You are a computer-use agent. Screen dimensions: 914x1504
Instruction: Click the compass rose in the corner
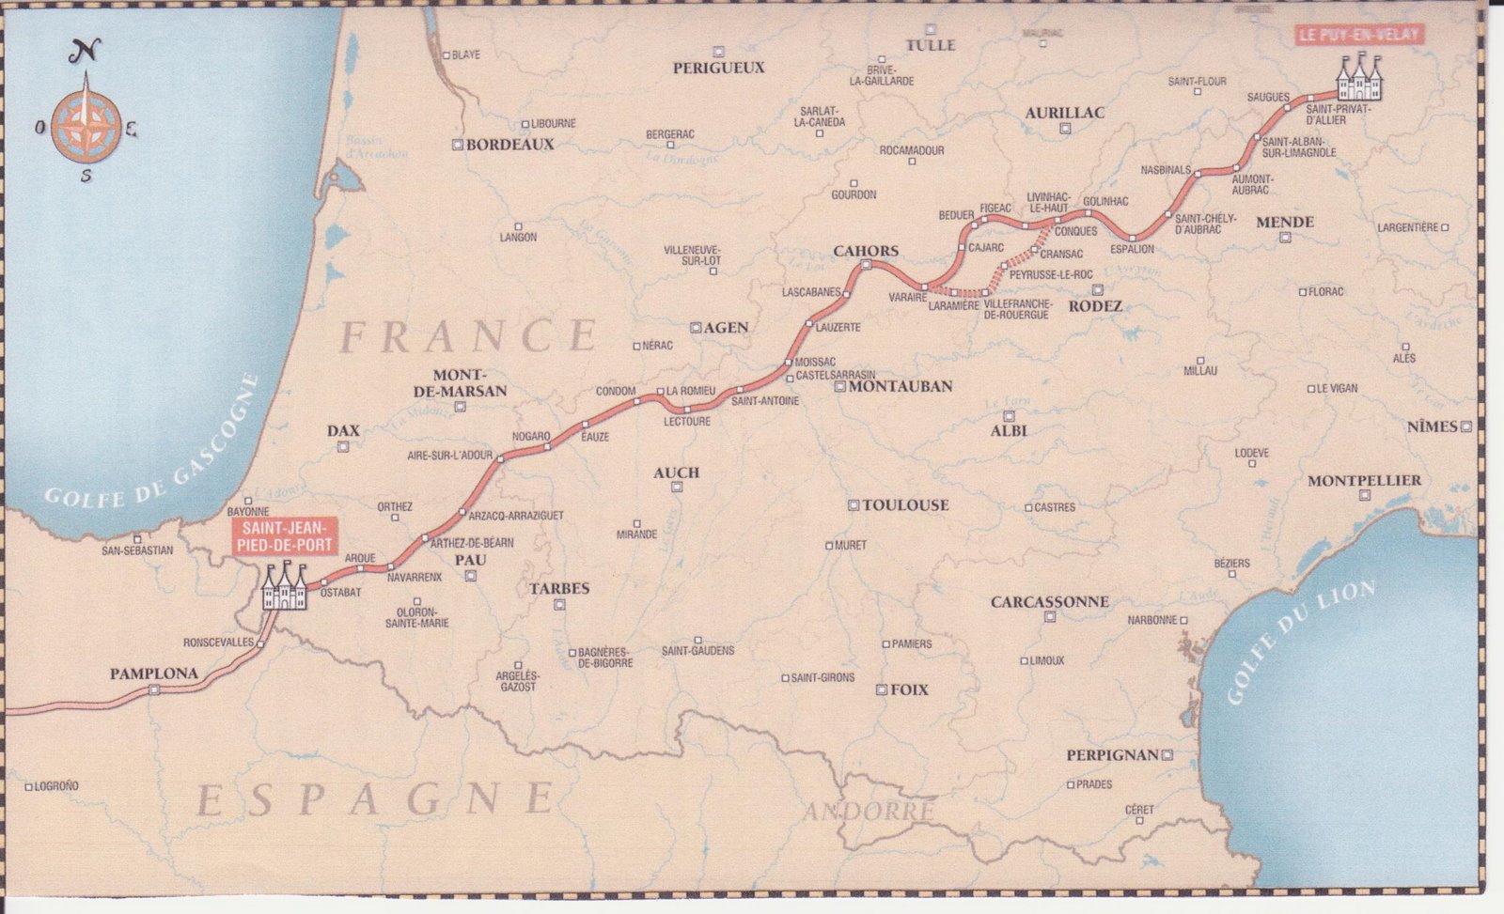click(x=86, y=119)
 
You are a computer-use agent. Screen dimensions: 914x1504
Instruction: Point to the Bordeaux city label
click(x=510, y=145)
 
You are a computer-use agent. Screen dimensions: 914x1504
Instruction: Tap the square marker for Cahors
click(x=865, y=266)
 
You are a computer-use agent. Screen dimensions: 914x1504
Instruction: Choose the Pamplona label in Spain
click(x=153, y=674)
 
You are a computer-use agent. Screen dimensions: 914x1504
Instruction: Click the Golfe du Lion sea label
click(x=1300, y=642)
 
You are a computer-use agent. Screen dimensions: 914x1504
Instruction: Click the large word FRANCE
click(x=469, y=336)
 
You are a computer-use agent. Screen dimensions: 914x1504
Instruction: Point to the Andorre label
click(x=869, y=810)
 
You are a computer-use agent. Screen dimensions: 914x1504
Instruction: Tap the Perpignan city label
click(x=1111, y=754)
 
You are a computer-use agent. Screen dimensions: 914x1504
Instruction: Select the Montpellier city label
click(x=1364, y=480)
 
